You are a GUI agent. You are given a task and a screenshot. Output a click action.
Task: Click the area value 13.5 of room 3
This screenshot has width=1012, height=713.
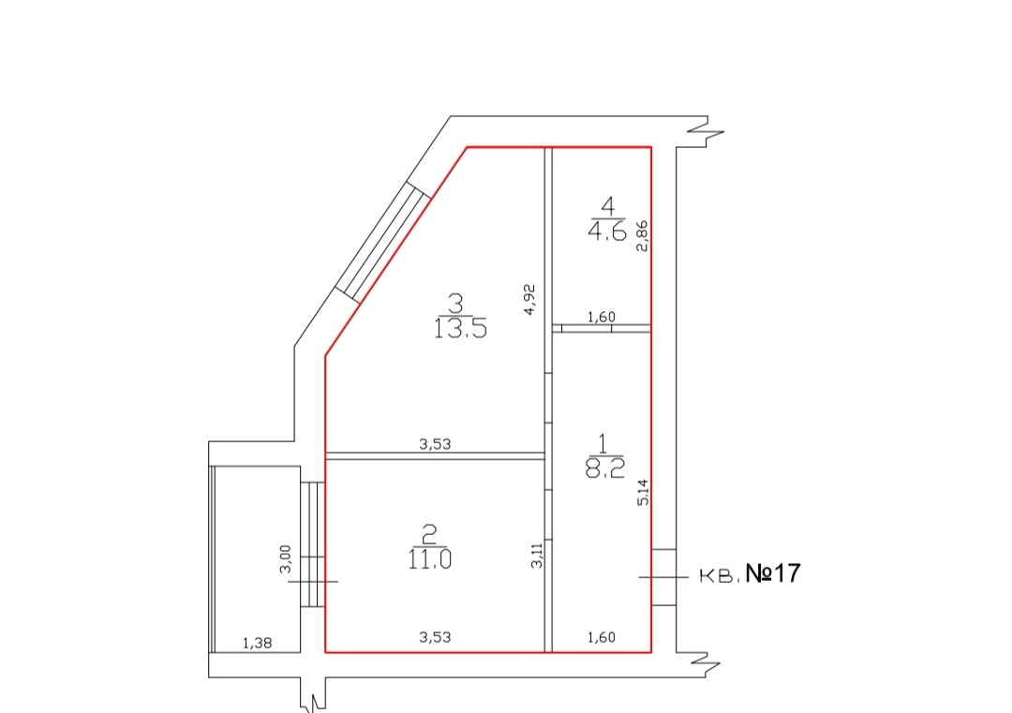point(460,328)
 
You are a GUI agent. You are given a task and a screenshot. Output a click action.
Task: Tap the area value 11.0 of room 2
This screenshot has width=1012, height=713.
point(429,558)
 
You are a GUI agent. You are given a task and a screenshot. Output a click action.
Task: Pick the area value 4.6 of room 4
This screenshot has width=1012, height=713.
point(606,229)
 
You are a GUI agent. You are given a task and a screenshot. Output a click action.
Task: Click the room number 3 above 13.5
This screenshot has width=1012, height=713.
point(455,303)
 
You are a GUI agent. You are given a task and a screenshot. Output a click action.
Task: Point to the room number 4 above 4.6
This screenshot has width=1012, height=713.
point(607,206)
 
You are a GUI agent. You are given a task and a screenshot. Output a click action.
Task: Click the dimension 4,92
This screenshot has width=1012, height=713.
point(529,300)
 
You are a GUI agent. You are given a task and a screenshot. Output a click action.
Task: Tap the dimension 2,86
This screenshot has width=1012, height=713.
point(642,235)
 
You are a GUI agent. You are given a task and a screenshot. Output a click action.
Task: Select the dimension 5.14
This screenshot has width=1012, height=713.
point(643,491)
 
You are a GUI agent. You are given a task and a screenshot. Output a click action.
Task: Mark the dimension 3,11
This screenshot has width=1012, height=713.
point(537,555)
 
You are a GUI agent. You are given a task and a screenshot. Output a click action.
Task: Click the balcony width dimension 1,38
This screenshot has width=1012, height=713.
point(258,643)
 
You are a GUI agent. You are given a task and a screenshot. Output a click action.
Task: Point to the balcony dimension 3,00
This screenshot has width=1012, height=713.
point(286,558)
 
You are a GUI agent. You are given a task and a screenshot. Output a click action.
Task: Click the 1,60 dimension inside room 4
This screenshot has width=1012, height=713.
point(601,317)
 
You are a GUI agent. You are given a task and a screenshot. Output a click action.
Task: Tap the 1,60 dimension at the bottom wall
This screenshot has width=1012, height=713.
point(601,637)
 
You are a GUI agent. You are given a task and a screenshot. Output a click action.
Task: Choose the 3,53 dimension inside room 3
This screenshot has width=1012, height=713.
point(435,444)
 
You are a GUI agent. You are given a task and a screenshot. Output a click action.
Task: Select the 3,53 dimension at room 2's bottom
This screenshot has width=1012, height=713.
point(435,637)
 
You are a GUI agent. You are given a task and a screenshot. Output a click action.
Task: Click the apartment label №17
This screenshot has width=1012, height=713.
point(773,573)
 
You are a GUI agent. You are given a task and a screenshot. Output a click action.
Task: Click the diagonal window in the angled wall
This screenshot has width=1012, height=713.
point(382,242)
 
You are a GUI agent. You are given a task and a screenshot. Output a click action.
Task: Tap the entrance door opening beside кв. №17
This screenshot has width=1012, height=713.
point(663,577)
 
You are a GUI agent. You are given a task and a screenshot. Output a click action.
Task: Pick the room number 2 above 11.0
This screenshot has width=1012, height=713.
point(428,535)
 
